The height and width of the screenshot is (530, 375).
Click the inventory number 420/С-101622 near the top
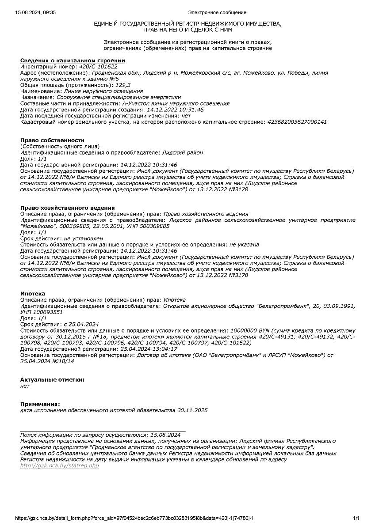coord(98,66)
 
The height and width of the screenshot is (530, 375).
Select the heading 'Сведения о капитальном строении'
coord(73,60)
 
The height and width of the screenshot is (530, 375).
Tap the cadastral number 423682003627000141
coord(297,122)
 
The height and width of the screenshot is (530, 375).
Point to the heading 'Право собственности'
coord(52,140)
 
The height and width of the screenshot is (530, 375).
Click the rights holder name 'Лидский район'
coord(183,153)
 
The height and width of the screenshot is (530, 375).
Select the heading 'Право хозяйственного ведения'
coord(67,208)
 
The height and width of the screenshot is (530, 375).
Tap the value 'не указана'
coord(244,245)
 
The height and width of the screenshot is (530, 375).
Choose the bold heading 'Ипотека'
coord(33,294)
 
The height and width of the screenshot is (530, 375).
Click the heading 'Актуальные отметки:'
coord(52,380)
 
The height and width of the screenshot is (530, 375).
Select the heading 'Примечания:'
coord(40,404)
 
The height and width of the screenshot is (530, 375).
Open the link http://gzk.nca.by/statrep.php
coord(60,466)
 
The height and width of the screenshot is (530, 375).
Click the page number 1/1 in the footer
coord(356,518)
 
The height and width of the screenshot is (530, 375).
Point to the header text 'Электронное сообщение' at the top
coord(217,13)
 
